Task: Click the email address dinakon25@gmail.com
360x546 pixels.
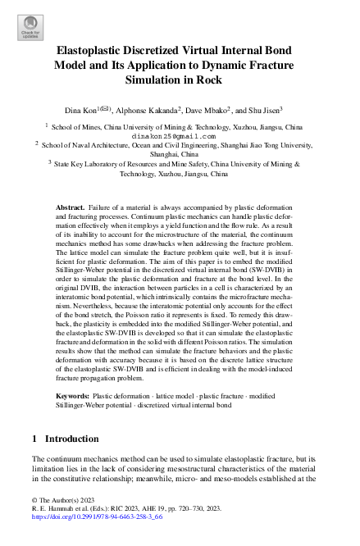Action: pyautogui.click(x=179, y=138)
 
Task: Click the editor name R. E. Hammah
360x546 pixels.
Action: pyautogui.click(x=52, y=509)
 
